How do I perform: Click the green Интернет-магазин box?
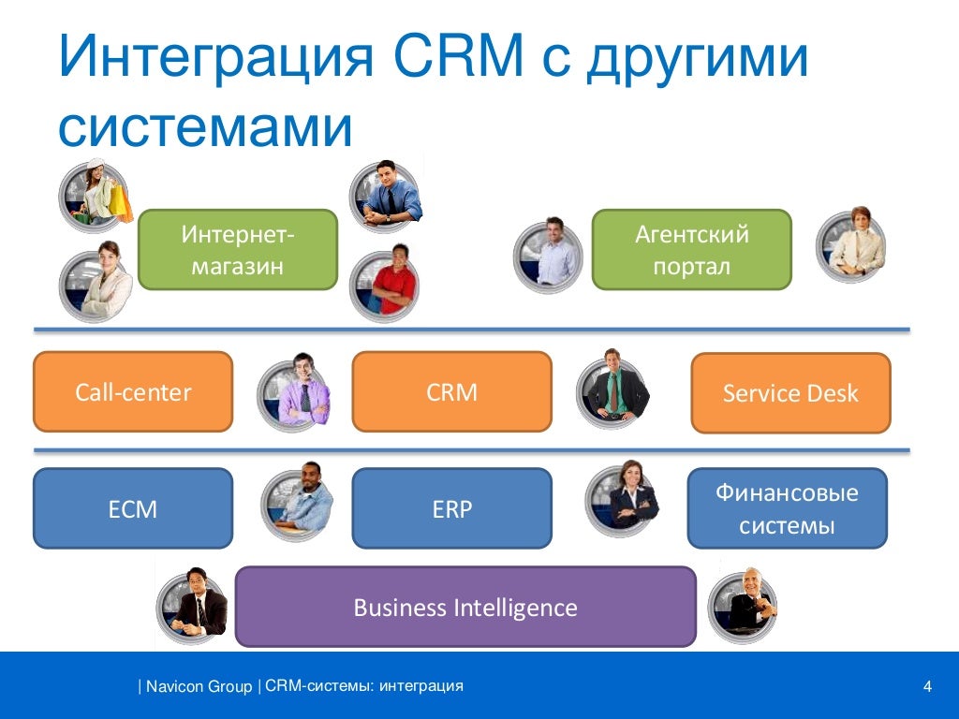click(x=238, y=249)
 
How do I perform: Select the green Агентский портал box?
click(x=692, y=249)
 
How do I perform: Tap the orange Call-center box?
click(x=133, y=392)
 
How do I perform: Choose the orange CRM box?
click(x=452, y=392)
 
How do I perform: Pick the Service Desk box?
click(x=790, y=393)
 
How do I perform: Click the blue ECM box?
click(x=133, y=508)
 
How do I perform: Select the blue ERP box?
click(x=452, y=508)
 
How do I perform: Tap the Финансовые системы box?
click(x=787, y=508)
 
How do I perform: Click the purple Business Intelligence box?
click(x=465, y=607)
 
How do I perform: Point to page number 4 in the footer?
click(x=927, y=686)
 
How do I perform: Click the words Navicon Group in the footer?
click(x=199, y=686)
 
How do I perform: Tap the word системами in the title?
click(x=205, y=127)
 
